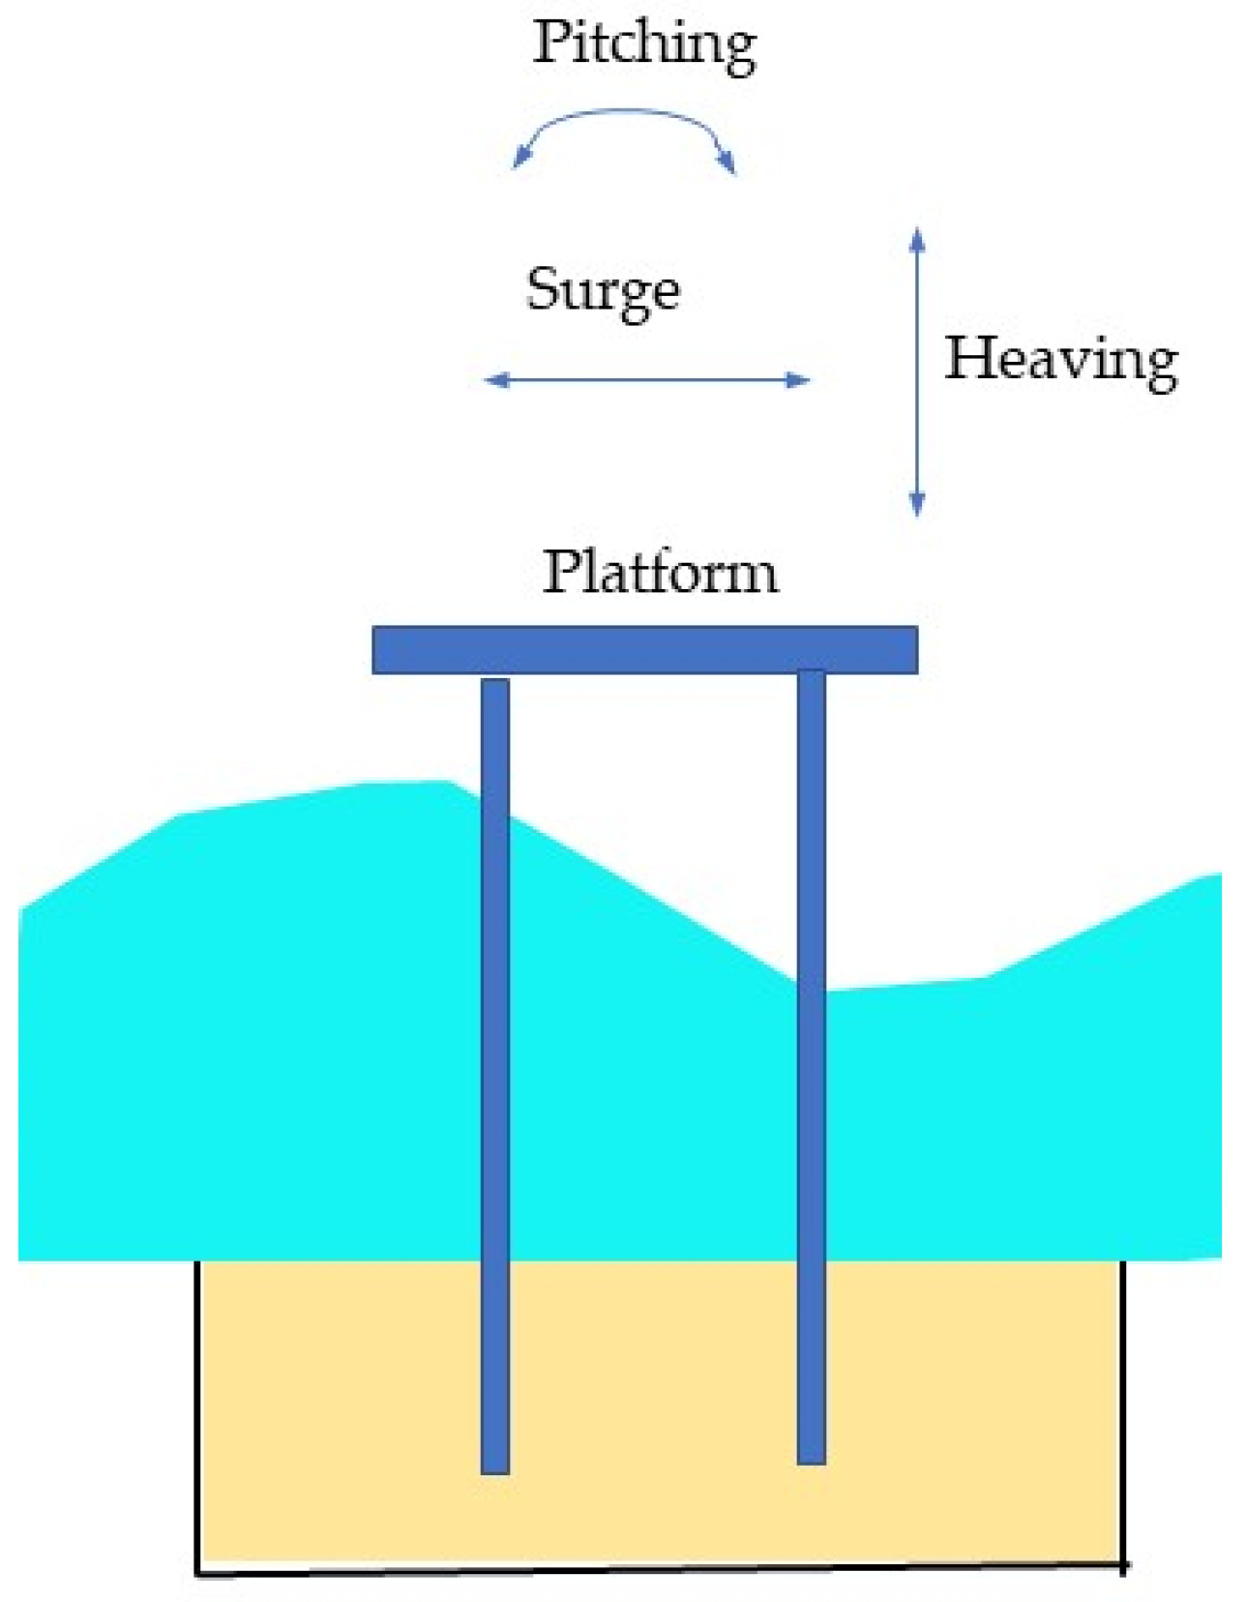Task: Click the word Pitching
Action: pos(643,44)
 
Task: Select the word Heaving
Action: pos(1060,360)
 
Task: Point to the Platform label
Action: pos(660,572)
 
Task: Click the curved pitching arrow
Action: pos(624,115)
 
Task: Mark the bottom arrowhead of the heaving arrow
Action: pos(917,504)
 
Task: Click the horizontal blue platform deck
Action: pos(644,649)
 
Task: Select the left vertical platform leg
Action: pos(494,1064)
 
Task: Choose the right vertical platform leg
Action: pos(811,1064)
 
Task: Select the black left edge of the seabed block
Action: pos(197,1412)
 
